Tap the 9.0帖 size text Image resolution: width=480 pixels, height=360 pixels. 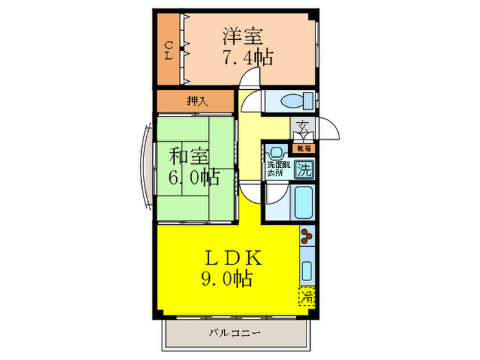(x=226, y=279)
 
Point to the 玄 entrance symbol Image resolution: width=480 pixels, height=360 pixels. (x=302, y=128)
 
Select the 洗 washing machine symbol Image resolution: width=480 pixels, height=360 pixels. (x=303, y=171)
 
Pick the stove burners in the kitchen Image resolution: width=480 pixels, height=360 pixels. (x=307, y=237)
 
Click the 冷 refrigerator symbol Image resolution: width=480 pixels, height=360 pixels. (x=307, y=297)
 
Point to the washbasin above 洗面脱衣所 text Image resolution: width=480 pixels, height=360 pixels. (x=277, y=153)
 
